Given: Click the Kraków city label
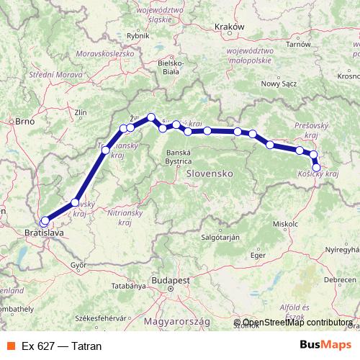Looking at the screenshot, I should pos(230,27).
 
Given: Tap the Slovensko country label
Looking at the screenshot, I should pos(207,174).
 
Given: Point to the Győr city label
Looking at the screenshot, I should pos(78,265).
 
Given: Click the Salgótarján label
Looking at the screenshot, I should pos(220,236).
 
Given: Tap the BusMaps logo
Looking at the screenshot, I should pos(325,346).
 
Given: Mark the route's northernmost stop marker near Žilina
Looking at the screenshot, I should pos(151,117).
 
